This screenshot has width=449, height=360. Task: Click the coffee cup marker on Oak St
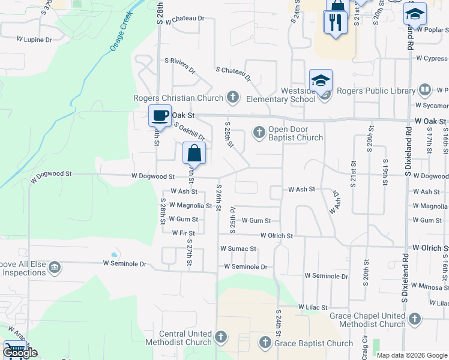159,115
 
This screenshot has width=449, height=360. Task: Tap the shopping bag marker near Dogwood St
194,153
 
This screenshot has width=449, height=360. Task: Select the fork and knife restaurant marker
334,23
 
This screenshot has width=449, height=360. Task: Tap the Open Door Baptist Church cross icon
259,131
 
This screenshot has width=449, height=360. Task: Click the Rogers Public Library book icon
425,91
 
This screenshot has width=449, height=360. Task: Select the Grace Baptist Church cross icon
265,343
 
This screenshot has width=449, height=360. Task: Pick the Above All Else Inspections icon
55,266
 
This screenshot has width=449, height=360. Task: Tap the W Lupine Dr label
34,40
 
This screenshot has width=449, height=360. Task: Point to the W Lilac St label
313,307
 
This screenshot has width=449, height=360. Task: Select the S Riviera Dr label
180,65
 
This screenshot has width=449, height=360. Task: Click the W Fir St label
184,233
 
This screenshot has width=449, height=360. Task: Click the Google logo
19,353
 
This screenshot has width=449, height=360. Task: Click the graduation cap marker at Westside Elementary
321,80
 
